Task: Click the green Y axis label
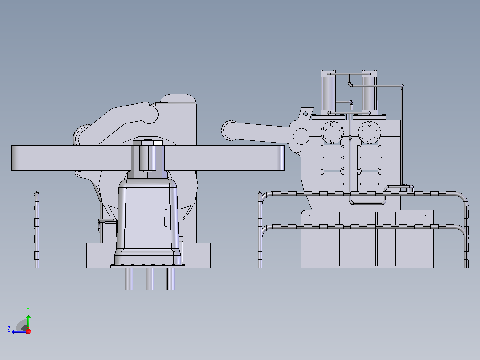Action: click(28, 310)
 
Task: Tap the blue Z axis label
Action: click(9, 329)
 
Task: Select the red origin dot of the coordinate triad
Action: click(28, 331)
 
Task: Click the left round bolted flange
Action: click(332, 132)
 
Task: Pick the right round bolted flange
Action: click(370, 132)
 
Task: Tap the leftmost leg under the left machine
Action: click(129, 279)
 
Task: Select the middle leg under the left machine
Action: click(150, 279)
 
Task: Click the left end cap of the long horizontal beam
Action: click(15, 158)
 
